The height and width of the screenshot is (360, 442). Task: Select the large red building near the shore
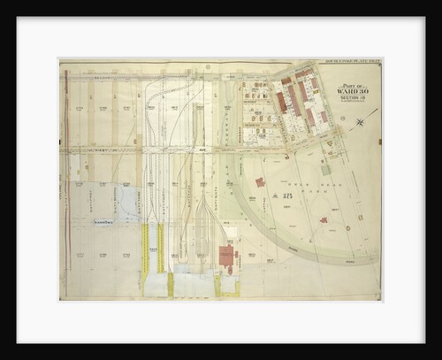(x=227, y=257)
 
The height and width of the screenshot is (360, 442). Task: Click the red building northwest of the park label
(x=261, y=182)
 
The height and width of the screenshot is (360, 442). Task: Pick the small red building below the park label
(x=324, y=218)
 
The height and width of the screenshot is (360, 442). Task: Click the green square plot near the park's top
(x=326, y=167)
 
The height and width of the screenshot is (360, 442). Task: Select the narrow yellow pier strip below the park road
(x=148, y=257)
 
